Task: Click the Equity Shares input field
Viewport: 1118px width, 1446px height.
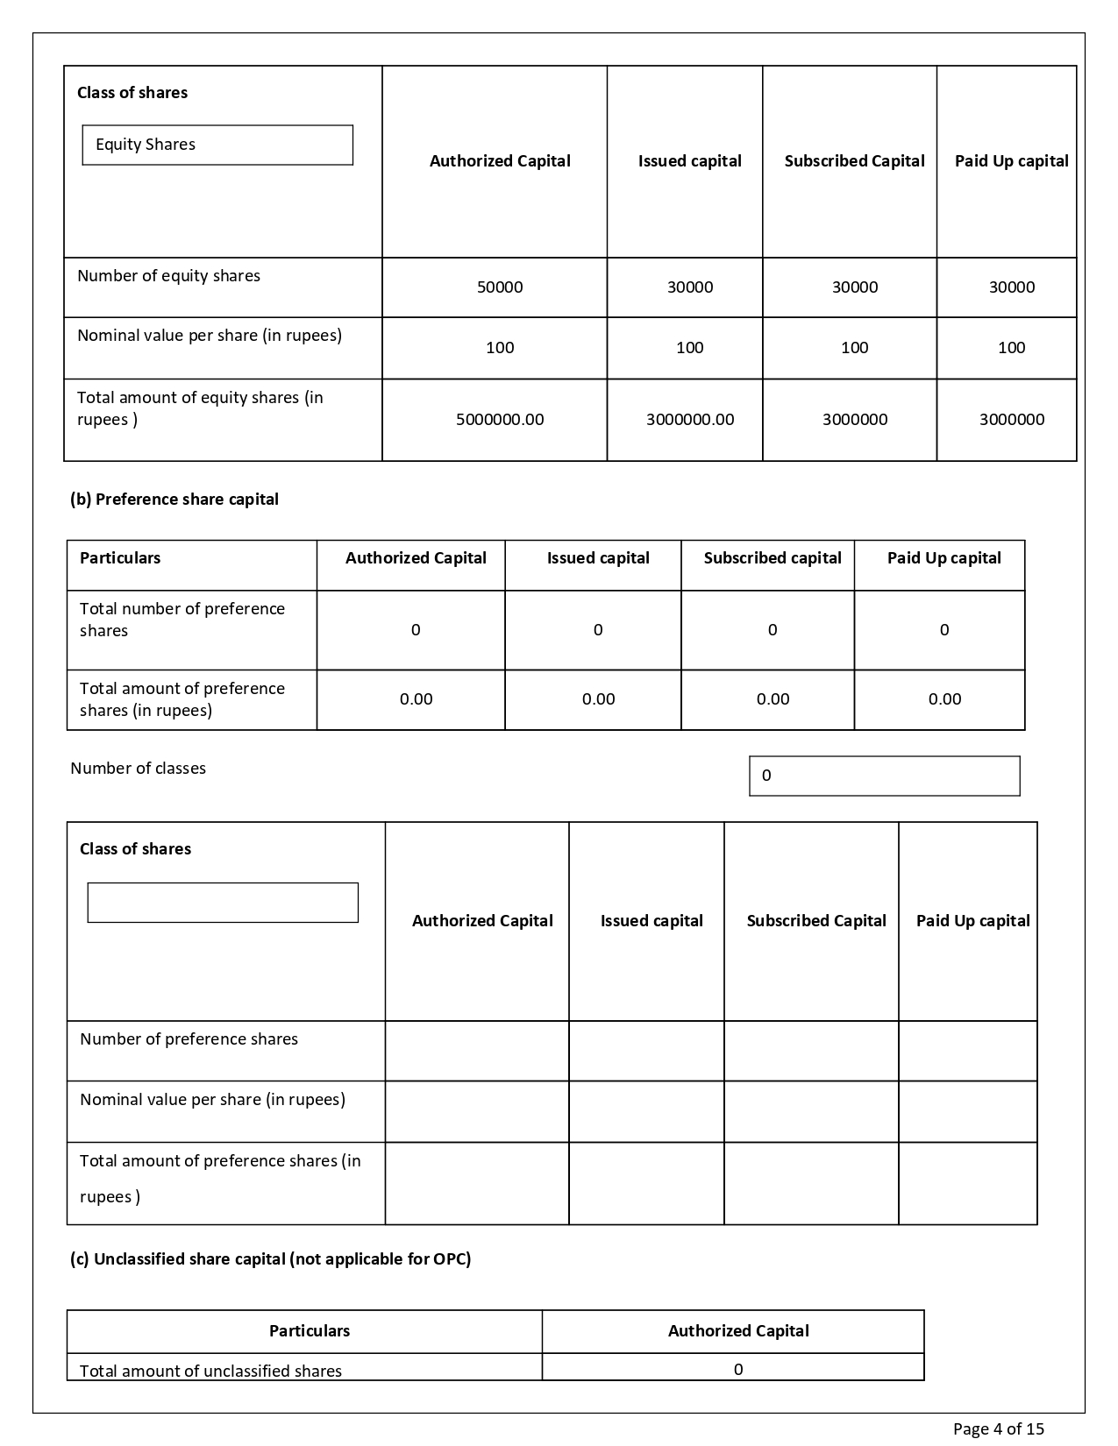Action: tap(217, 145)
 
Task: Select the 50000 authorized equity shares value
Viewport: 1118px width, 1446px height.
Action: tap(500, 287)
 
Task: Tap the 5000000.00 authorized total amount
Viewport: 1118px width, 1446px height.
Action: tap(500, 420)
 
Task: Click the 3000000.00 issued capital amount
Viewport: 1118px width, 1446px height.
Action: tap(690, 420)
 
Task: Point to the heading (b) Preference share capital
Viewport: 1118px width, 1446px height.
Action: tap(174, 500)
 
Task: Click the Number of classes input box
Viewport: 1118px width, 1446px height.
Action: tap(884, 776)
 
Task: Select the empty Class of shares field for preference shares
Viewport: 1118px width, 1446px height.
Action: tap(223, 903)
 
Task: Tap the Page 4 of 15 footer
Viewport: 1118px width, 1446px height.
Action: tap(999, 1428)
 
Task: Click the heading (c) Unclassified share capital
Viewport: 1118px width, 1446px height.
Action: tap(270, 1259)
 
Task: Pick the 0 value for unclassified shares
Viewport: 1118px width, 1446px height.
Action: tap(738, 1369)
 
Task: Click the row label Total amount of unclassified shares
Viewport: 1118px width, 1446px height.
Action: tap(210, 1371)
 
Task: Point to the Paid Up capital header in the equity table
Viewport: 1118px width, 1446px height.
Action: tap(1011, 161)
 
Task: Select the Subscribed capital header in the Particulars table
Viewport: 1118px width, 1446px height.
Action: tap(773, 558)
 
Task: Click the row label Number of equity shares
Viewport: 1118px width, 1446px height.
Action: tap(168, 276)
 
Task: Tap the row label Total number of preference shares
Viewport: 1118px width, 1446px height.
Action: tap(182, 620)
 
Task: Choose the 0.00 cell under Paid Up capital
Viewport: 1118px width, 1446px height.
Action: tap(944, 699)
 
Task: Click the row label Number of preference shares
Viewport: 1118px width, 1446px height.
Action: tap(189, 1039)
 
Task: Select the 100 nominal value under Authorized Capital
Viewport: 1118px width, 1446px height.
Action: tap(500, 348)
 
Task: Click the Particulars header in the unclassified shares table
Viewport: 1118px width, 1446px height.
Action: tap(309, 1331)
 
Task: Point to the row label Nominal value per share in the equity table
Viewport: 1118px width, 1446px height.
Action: tap(210, 336)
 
